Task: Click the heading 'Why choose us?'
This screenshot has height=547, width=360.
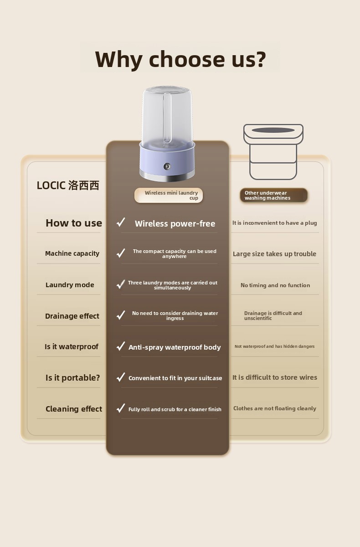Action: pyautogui.click(x=180, y=59)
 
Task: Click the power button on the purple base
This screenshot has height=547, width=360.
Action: pyautogui.click(x=167, y=166)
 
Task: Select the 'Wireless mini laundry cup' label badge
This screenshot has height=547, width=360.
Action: pyautogui.click(x=169, y=195)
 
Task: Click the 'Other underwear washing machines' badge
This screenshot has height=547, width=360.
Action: pyautogui.click(x=273, y=195)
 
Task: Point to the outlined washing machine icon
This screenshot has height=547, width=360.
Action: pyautogui.click(x=273, y=152)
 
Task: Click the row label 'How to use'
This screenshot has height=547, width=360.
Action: pyautogui.click(x=74, y=223)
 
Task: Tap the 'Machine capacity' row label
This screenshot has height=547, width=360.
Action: pyautogui.click(x=72, y=253)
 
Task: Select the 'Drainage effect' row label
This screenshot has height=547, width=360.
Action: pyautogui.click(x=72, y=316)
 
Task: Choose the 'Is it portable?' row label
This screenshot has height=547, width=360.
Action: pyautogui.click(x=73, y=377)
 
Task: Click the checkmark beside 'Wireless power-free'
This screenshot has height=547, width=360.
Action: pyautogui.click(x=121, y=222)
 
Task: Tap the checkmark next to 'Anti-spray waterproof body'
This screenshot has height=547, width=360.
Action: pyautogui.click(x=121, y=346)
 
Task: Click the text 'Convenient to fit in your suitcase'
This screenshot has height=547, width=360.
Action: pyautogui.click(x=175, y=378)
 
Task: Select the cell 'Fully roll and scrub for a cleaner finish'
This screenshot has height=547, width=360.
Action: pyautogui.click(x=175, y=409)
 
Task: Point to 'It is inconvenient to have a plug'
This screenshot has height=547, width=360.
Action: pyautogui.click(x=275, y=223)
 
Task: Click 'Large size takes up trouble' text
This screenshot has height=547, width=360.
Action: pyautogui.click(x=274, y=254)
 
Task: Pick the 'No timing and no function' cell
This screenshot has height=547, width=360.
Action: pyautogui.click(x=275, y=285)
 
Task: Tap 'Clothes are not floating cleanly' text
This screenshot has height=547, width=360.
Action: pyautogui.click(x=275, y=408)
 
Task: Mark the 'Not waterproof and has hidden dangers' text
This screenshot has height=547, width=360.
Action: pyautogui.click(x=275, y=346)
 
